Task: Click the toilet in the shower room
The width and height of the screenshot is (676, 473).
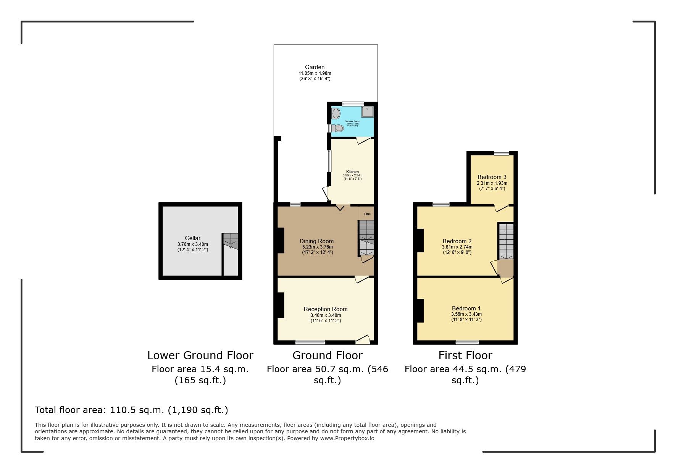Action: pos(337,128)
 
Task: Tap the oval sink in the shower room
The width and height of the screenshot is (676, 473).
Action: pos(336,113)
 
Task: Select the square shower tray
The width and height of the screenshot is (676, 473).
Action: pos(367,112)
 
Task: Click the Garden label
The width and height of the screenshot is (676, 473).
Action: pos(315,67)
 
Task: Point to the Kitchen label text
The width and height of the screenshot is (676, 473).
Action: pos(352,172)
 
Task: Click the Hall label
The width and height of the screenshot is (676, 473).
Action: pos(367,214)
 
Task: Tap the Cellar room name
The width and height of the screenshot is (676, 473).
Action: pos(192,238)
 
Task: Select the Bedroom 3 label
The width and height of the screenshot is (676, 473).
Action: pos(492,177)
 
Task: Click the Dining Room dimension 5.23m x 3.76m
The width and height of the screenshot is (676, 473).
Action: pos(317,247)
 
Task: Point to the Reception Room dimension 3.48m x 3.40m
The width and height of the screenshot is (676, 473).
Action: pos(326,315)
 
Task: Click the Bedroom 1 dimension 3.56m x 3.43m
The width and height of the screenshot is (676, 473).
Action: pos(466,314)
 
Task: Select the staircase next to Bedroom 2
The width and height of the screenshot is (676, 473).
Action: pos(506,241)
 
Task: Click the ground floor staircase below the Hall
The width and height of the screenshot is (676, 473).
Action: pos(366,238)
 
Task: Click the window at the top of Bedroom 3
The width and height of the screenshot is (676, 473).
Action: pos(501,153)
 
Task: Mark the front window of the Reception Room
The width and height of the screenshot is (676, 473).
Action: pos(310,342)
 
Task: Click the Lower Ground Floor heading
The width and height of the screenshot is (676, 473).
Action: pos(200,355)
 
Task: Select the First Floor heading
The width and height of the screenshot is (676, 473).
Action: pos(465,355)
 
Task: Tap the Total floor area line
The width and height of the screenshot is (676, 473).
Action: pos(131,410)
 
